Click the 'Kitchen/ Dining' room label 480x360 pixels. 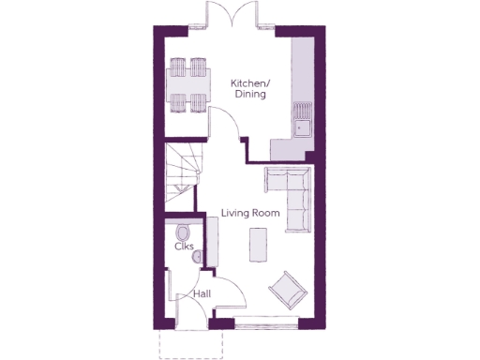pyautogui.click(x=248, y=89)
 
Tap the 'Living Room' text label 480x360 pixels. pyautogui.click(x=250, y=214)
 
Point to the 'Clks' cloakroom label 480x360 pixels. pyautogui.click(x=184, y=247)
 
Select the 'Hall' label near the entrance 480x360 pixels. pyautogui.click(x=202, y=294)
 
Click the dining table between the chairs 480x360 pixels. pyautogui.click(x=186, y=85)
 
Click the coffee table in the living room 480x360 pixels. pyautogui.click(x=256, y=245)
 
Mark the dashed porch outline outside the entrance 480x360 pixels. pyautogui.click(x=191, y=344)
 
